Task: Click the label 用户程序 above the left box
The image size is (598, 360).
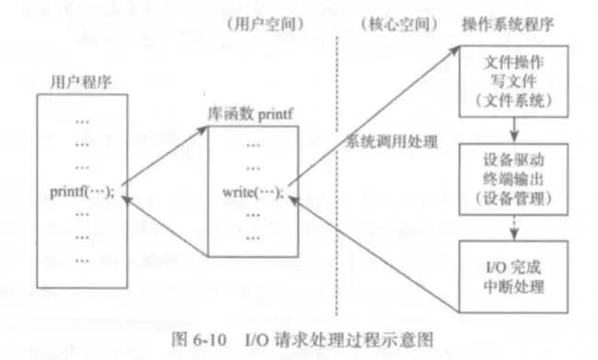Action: point(70,81)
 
